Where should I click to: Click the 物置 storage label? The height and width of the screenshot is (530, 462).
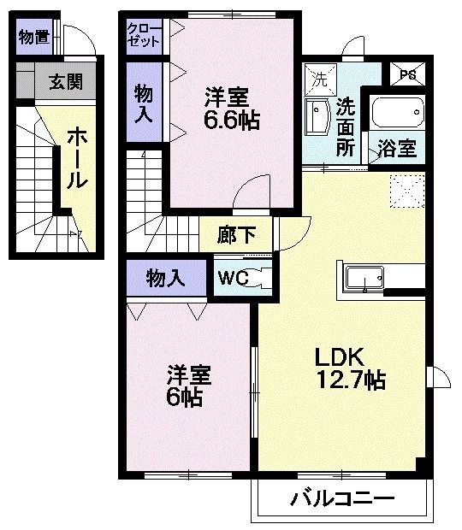click(33, 38)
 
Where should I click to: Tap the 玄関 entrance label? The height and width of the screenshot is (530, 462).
click(65, 82)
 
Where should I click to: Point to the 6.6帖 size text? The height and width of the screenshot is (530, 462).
click(231, 119)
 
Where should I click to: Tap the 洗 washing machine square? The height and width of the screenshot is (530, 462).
click(319, 79)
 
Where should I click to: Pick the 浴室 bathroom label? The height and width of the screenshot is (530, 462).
click(397, 148)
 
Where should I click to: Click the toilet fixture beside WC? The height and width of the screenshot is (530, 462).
click(259, 278)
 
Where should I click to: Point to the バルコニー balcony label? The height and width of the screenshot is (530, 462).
click(341, 498)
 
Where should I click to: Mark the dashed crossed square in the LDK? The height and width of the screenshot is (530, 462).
click(407, 190)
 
